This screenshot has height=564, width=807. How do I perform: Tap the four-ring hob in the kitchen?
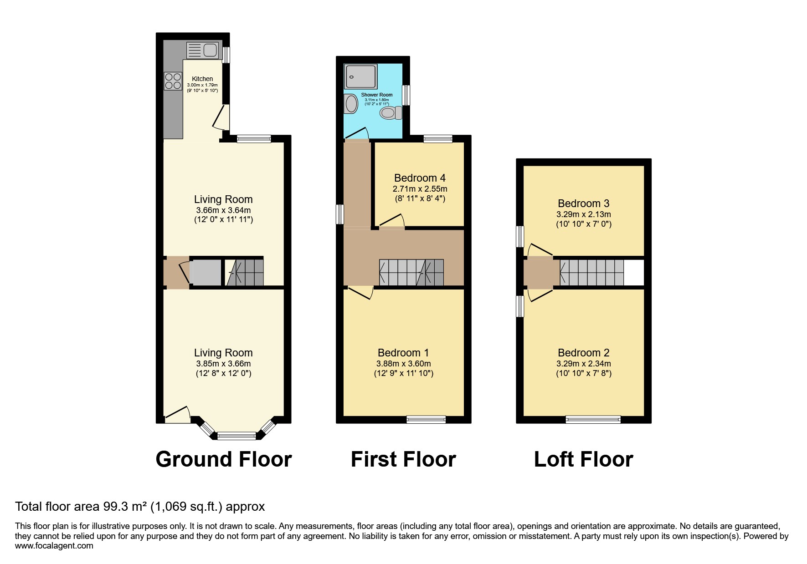point(173,81)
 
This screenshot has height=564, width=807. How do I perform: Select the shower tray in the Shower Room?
point(361,76)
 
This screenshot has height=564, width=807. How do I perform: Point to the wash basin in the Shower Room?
point(351,104)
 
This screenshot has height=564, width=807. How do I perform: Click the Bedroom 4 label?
point(420,178)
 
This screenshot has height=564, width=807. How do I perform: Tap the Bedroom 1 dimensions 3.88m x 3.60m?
point(403,364)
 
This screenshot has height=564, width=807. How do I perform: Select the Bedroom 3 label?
point(583,203)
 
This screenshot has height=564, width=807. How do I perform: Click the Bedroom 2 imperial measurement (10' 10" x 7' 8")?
point(583,374)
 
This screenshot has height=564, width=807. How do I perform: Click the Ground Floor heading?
point(223,459)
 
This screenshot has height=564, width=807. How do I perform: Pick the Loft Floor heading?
point(583,459)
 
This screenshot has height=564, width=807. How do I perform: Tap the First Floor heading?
point(403,459)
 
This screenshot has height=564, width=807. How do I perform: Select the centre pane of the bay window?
point(236,436)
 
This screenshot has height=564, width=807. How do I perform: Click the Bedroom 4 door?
point(391,222)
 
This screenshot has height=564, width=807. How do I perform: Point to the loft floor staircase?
point(591,273)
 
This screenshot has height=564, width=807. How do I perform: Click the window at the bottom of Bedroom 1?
point(426,419)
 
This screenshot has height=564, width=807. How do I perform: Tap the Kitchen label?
point(202,79)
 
